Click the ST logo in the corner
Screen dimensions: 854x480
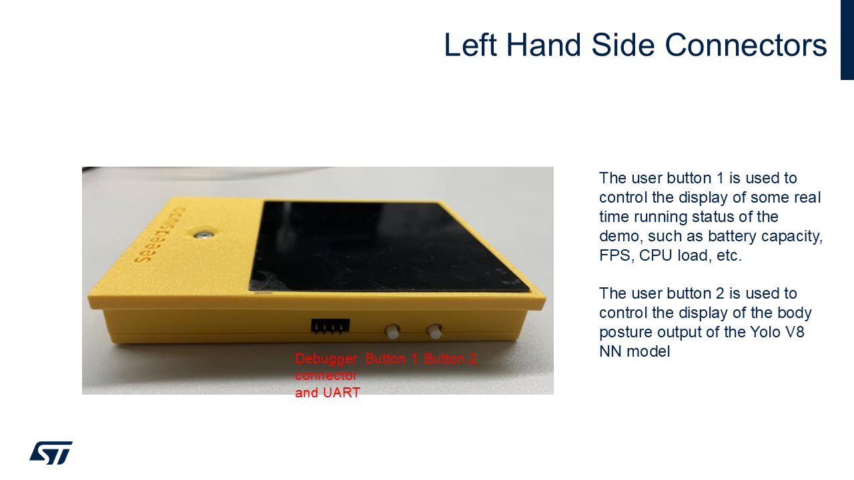pos(51,453)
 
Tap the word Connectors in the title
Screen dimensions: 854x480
pos(746,45)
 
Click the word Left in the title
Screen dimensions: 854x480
pos(470,45)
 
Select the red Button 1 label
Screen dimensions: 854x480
pos(391,359)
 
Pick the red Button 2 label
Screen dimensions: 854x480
pos(450,359)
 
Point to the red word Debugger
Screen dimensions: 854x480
pos(326,359)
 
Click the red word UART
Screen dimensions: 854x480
pos(341,393)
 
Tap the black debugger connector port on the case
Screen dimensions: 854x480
pos(330,327)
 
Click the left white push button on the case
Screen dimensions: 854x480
pos(392,331)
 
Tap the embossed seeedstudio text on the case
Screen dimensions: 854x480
pos(159,236)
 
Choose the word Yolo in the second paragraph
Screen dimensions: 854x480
pos(766,332)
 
